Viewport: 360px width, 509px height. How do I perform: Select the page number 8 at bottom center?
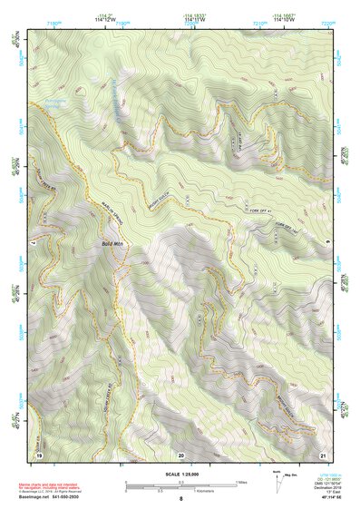[x=180, y=499]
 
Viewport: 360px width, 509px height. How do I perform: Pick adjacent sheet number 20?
[x=180, y=455]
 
